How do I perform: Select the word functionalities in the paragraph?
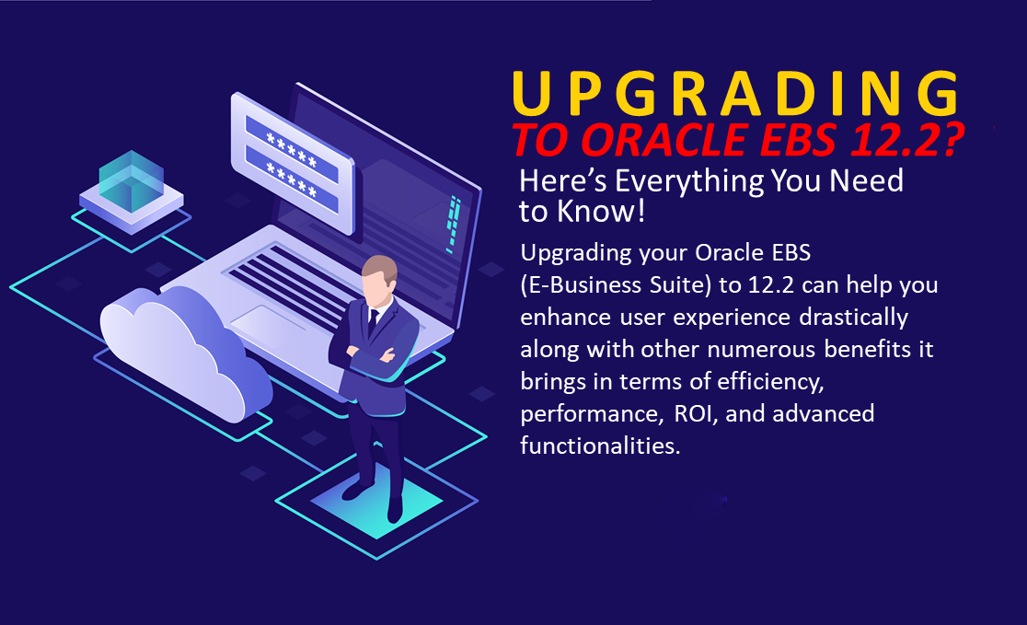pos(600,446)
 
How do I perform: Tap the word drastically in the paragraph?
pos(853,318)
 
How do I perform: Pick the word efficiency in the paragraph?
pos(770,381)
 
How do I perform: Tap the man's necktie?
pos(372,323)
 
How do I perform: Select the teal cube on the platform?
pos(132,180)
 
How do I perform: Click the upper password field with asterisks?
pos(292,149)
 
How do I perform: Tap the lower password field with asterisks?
pos(292,179)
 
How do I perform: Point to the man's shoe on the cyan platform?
pos(395,508)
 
